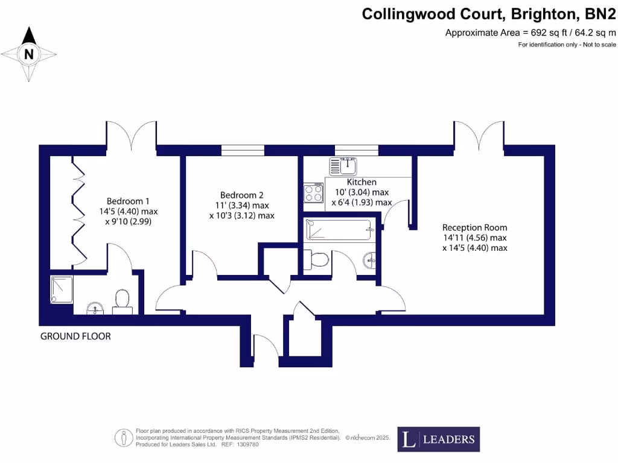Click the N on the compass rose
[29, 54]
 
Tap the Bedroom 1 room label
[127, 201]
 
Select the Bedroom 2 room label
[241, 195]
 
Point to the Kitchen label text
[362, 182]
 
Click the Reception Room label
[474, 227]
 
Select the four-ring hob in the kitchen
[314, 194]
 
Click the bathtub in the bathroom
[339, 230]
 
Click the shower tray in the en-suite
[61, 289]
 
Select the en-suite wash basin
[95, 309]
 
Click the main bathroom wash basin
[369, 261]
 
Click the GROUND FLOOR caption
[75, 336]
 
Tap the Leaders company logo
[439, 439]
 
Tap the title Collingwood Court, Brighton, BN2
[489, 14]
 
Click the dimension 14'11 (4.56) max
[474, 238]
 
